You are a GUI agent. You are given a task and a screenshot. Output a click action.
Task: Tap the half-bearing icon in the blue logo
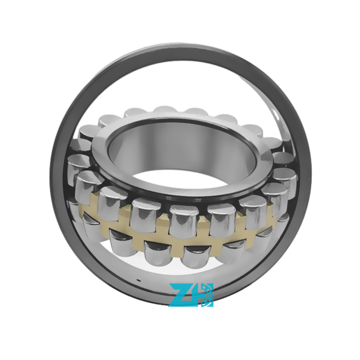coord(207,295)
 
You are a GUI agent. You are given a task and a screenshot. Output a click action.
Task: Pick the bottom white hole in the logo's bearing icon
coord(203,303)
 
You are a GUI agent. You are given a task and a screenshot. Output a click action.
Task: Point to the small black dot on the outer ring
coord(138,280)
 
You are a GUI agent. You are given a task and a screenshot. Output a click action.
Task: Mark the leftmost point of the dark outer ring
coord(50,175)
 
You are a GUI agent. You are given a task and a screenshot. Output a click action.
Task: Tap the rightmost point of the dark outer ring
coord(311,175)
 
